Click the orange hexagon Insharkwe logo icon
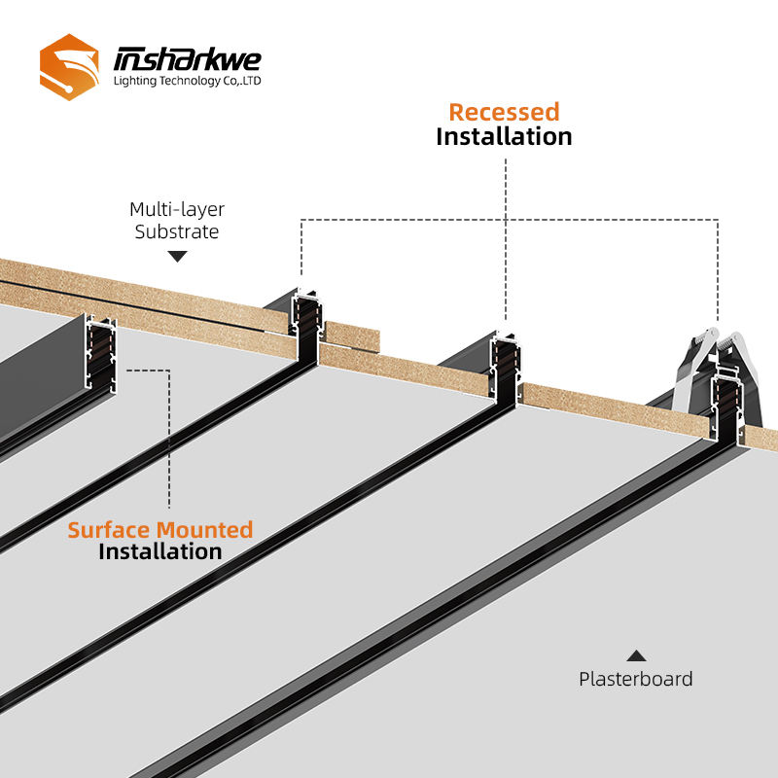(69, 65)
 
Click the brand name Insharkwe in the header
(187, 58)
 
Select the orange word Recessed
(504, 112)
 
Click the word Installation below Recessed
(504, 136)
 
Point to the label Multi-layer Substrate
(177, 221)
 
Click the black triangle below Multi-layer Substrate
(177, 257)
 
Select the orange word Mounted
(206, 530)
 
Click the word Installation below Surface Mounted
(160, 552)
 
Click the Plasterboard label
(636, 679)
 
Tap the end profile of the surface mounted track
(101, 360)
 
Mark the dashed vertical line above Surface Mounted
(170, 438)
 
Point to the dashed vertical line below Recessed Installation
(506, 233)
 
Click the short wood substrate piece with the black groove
(351, 335)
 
